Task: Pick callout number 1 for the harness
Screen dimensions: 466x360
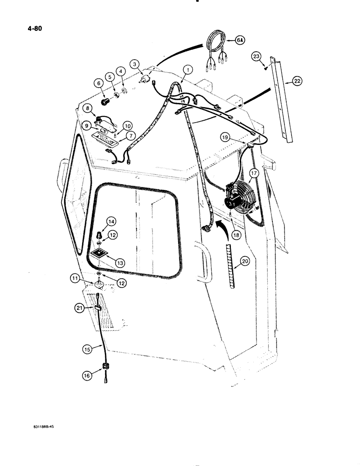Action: click(x=187, y=69)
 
